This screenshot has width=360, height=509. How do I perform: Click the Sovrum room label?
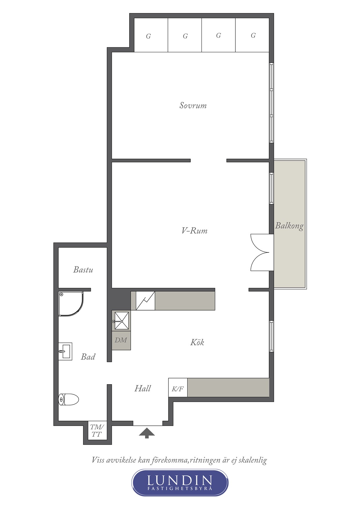tap(193, 105)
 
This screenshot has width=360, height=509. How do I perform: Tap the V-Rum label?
tap(194, 231)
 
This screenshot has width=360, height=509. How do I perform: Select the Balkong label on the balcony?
tap(289, 226)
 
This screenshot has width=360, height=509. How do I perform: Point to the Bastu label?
tap(83, 270)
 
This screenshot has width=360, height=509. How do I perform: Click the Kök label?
tap(197, 342)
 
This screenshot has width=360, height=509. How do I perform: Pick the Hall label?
tap(143, 389)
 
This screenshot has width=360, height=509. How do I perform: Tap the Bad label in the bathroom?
tap(88, 357)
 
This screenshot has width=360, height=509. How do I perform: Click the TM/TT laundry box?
tap(97, 431)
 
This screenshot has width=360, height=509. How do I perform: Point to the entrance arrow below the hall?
tap(147, 433)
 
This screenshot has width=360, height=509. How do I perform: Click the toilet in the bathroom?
tap(69, 400)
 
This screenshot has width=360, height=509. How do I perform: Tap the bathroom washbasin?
tap(65, 351)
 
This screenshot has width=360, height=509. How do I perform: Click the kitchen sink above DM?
tap(121, 321)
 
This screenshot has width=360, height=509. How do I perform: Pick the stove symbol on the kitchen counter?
tap(145, 301)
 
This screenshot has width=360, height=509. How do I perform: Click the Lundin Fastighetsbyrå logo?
tap(180, 482)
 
